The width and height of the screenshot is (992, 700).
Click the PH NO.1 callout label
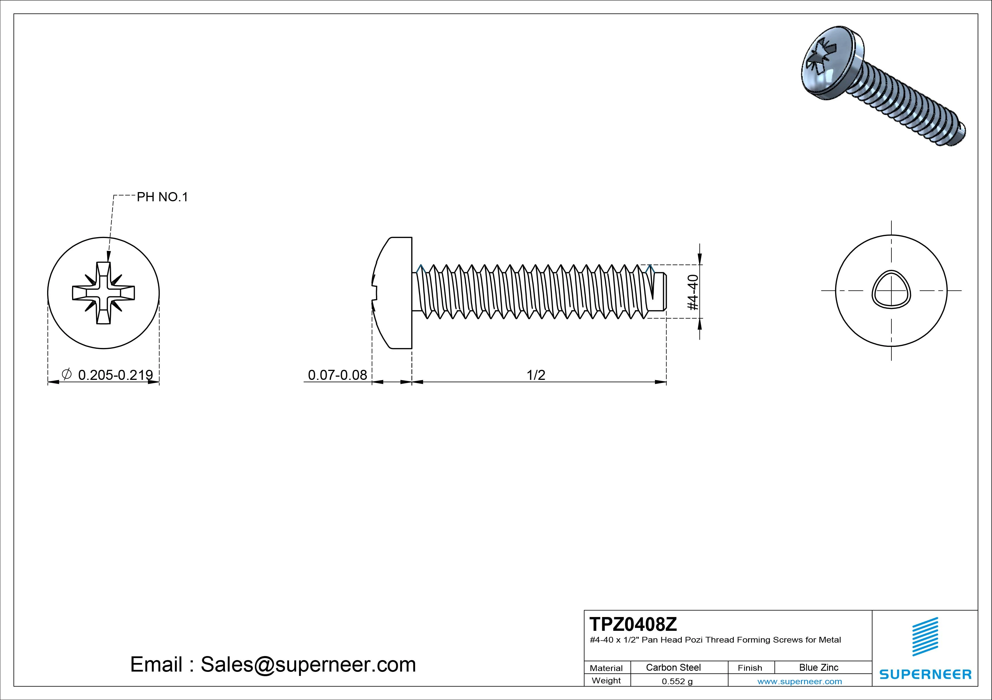point(162,197)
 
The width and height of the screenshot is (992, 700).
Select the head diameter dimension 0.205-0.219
point(115,374)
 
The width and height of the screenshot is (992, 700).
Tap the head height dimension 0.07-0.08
point(337,374)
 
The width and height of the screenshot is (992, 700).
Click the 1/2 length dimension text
point(536,374)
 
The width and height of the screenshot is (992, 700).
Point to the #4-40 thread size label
point(693,292)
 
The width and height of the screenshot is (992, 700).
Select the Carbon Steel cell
point(673,667)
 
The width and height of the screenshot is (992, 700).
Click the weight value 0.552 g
point(677,681)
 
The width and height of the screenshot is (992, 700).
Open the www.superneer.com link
point(799,681)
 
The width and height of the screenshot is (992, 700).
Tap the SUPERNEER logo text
point(925,674)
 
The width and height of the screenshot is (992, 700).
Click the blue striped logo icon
point(925,637)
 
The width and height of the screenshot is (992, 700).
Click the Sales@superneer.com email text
point(308,664)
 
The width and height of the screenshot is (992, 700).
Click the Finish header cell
point(750,668)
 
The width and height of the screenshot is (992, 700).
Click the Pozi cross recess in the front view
point(104,293)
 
